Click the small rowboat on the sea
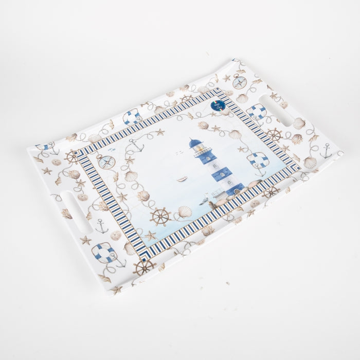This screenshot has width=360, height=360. point(182,179)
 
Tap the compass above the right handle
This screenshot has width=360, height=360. point(239,81)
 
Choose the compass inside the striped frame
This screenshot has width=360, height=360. point(106,161)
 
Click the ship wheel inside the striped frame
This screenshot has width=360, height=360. point(160,217)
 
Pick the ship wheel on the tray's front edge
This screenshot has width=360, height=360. point(144,267)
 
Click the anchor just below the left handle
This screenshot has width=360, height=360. point(102,227)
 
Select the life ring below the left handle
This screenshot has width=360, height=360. point(104,253)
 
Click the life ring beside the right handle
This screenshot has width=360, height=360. point(256,112)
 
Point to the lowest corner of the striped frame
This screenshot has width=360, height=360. point(143,256)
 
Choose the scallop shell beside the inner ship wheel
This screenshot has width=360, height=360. point(184,211)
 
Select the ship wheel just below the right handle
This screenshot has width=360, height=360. point(274,135)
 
